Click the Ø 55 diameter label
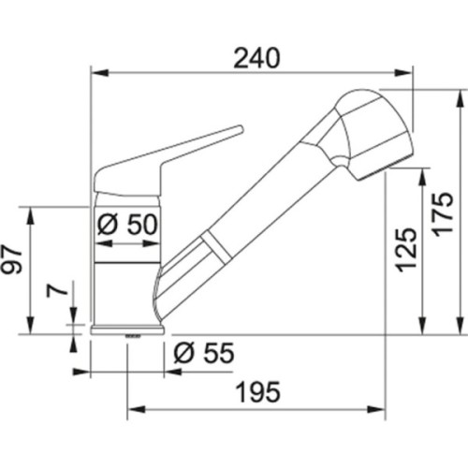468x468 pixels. tap(203, 353)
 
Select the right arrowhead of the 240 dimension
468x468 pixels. tap(408, 70)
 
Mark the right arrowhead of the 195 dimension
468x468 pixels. tap(383, 409)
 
